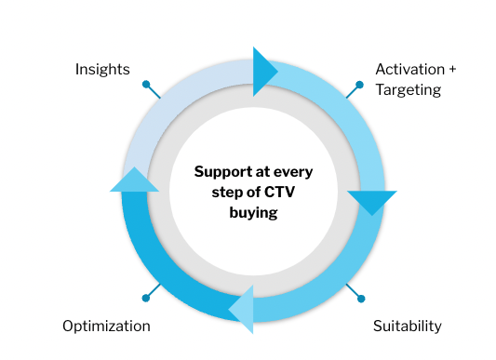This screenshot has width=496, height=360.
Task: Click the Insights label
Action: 102,70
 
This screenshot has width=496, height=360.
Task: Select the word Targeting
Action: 408,89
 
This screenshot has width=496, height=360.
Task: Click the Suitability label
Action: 407,326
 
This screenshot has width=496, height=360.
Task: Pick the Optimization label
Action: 106,326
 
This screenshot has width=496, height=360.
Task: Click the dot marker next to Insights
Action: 146,84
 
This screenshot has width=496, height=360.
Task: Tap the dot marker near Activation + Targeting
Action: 360,84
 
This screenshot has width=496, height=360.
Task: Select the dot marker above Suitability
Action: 361,299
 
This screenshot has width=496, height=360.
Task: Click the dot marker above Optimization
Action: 145,298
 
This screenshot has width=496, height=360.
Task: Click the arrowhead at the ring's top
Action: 263,71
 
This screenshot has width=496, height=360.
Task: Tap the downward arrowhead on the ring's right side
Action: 372,201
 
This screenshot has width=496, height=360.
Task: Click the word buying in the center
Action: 253,212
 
